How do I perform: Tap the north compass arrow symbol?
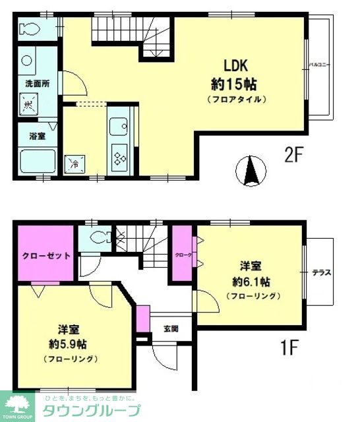coord(251,171)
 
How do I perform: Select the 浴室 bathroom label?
coord(36,136)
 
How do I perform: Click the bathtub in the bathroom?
coord(36,160)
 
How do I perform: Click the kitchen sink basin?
coord(119,127)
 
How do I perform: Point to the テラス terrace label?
coord(322,272)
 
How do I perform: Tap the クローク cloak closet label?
coord(183,253)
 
